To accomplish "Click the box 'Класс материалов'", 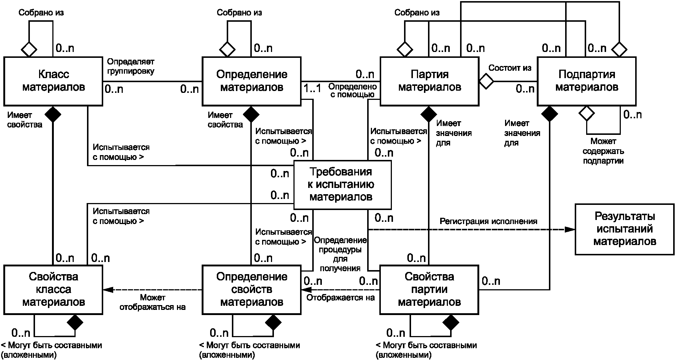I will pyautogui.click(x=53, y=81).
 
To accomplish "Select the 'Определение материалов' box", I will pyautogui.click(x=251, y=81).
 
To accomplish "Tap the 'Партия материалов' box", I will pyautogui.click(x=429, y=81).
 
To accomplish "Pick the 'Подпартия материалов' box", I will pyautogui.click(x=587, y=81).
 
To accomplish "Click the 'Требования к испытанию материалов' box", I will pyautogui.click(x=342, y=185).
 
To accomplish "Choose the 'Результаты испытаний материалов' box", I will pyautogui.click(x=624, y=229).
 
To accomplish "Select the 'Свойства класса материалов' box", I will pyautogui.click(x=53, y=290).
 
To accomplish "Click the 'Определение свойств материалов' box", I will pyautogui.click(x=251, y=290).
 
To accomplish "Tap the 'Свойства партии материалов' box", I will pyautogui.click(x=429, y=290).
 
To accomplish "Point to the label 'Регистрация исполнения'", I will pyautogui.click(x=488, y=221).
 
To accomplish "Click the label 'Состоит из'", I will pyautogui.click(x=510, y=68).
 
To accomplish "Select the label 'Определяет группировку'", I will pyautogui.click(x=131, y=66).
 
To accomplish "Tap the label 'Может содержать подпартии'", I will pyautogui.click(x=603, y=151).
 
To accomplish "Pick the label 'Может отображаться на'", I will pyautogui.click(x=152, y=302).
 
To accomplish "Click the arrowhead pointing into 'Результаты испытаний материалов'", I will pyautogui.click(x=570, y=229).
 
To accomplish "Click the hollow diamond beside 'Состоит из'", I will pyautogui.click(x=486, y=81).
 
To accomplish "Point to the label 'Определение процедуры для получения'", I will pyautogui.click(x=340, y=254).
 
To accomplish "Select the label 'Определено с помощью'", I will pyautogui.click(x=352, y=91).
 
